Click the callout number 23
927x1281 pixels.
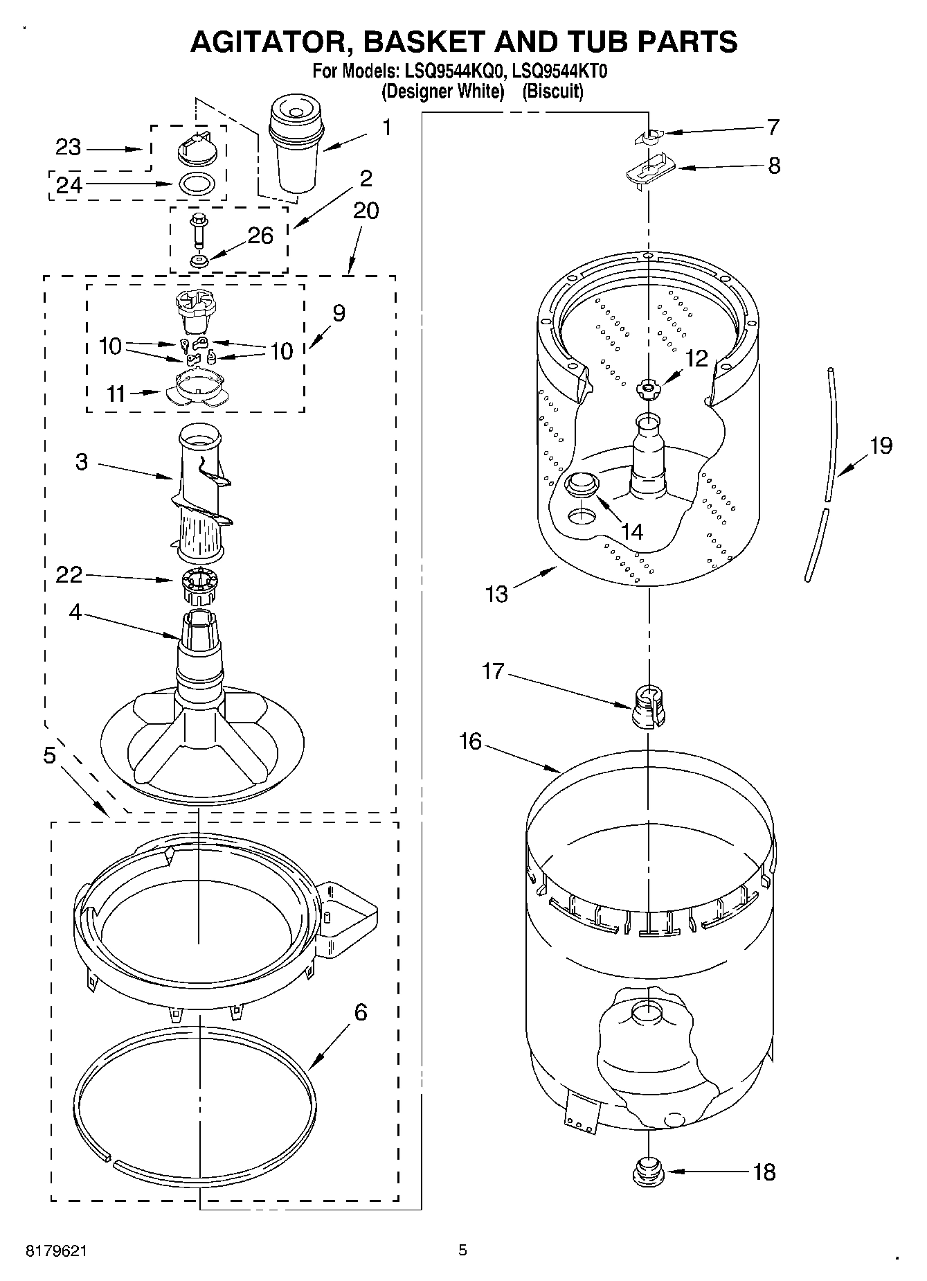[69, 148]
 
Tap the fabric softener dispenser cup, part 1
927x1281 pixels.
[296, 145]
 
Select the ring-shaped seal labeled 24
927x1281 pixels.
[197, 184]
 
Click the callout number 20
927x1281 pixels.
[366, 211]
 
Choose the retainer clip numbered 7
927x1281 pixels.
[648, 136]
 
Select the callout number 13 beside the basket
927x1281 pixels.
[497, 594]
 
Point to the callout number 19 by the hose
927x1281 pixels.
[881, 445]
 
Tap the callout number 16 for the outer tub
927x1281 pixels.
[470, 741]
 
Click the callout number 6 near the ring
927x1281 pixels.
[360, 1013]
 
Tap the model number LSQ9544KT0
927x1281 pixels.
[559, 71]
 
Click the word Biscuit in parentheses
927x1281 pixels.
[552, 91]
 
